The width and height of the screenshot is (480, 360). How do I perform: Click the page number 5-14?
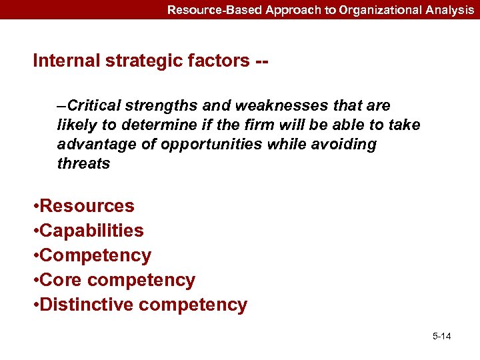pyautogui.click(x=441, y=335)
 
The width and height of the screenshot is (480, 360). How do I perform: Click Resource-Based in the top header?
pyautogui.click(x=205, y=10)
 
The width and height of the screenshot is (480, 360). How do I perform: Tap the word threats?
pyautogui.click(x=83, y=163)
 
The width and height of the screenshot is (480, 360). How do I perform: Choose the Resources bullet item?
pyautogui.click(x=87, y=206)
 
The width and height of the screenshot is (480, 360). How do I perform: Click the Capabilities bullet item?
pyautogui.click(x=91, y=231)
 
